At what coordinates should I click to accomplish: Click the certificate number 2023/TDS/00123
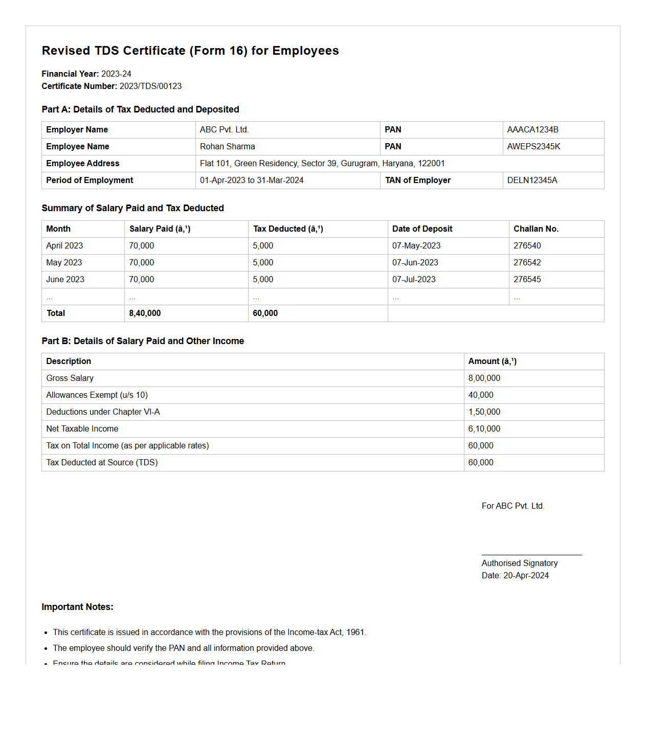point(150,86)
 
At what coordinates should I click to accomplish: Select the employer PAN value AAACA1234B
point(532,130)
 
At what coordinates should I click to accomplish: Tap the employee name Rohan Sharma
point(227,147)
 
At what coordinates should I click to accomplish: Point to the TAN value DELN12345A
point(532,180)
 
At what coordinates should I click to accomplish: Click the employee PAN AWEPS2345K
point(533,147)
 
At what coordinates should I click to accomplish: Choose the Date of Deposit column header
point(422,229)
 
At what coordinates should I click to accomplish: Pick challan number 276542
point(527,263)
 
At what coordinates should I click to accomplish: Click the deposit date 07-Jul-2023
point(414,280)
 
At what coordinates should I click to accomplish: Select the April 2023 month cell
point(64,246)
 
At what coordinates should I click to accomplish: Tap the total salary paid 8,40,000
point(145,313)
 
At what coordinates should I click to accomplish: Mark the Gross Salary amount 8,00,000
point(484,378)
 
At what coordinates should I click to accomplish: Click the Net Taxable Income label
point(82,429)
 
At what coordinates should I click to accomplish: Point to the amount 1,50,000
point(484,412)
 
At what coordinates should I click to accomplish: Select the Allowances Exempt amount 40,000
point(481,395)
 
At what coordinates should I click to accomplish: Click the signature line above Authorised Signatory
point(531,555)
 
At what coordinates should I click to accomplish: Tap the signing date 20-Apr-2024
point(526,576)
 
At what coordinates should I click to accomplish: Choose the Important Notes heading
point(77,607)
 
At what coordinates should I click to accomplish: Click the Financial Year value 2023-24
point(116,74)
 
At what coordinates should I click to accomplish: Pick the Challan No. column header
point(536,229)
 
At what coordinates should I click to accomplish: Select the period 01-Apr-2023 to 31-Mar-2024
point(252,180)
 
